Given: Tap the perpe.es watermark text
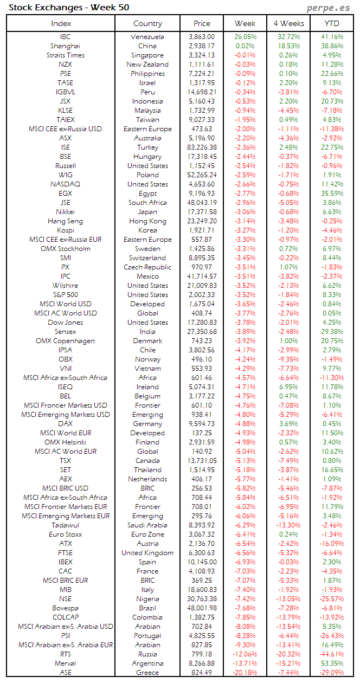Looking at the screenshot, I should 329,8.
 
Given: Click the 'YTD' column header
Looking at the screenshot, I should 332,23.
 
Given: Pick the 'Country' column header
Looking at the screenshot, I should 147,23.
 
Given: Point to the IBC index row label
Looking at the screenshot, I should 65,37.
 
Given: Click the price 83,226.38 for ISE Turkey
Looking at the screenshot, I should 202,147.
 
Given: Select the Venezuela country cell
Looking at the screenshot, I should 147,37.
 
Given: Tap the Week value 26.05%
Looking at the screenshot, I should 245,37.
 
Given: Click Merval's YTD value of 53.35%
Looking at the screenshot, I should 332,663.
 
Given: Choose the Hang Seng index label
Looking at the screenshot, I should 65,221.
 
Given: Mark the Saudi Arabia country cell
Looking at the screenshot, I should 147,525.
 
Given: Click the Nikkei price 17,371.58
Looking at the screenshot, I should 202,212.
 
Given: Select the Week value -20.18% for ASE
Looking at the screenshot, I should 245,672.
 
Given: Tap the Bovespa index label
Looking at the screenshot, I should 65,608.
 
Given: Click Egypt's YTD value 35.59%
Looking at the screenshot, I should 332,194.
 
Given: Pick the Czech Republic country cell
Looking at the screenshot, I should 147,267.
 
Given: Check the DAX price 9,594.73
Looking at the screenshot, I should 202,424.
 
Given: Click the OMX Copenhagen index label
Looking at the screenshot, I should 65,341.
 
